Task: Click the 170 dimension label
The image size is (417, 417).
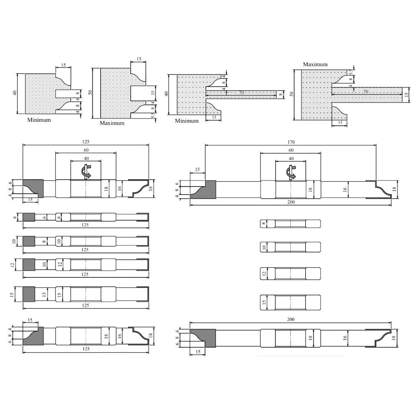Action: tap(291, 142)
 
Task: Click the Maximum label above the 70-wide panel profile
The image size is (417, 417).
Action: tap(315, 64)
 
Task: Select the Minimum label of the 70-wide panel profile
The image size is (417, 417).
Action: tap(187, 121)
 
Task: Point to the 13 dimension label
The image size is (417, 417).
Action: tap(44, 295)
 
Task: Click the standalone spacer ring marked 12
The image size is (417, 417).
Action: tap(290, 273)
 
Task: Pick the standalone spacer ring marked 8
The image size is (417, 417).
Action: tap(290, 224)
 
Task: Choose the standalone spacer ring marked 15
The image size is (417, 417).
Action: tap(290, 303)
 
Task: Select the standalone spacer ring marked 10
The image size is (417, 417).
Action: tap(290, 247)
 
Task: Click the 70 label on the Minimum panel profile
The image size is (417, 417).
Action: tap(241, 92)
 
